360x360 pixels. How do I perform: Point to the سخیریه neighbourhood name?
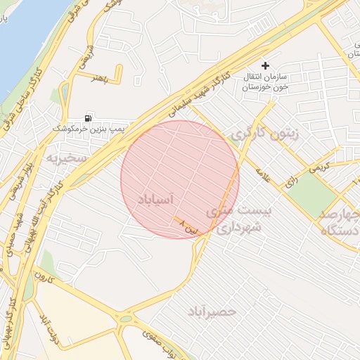65,157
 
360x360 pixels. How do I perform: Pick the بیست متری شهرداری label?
234,220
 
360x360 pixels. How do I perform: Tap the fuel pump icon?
88,118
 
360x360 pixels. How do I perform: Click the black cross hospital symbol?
265,65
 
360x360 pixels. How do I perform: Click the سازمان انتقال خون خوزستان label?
262,82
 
